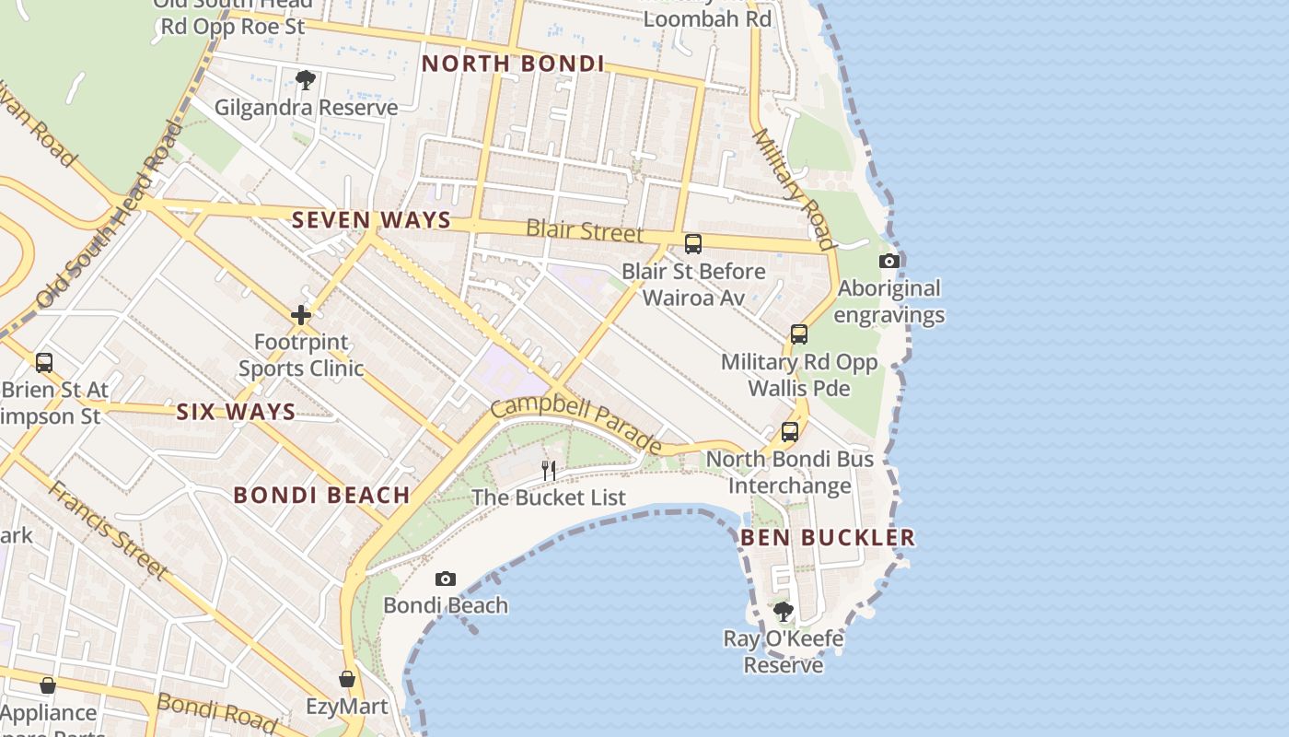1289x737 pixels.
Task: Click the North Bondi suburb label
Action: [513, 64]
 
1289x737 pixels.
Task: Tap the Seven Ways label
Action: [371, 220]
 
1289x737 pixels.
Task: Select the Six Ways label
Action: [236, 412]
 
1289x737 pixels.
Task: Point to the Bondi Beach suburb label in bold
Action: [321, 495]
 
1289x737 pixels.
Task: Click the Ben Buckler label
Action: [828, 537]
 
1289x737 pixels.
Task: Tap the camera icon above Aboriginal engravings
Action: [888, 261]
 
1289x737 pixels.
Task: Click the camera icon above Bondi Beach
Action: [446, 579]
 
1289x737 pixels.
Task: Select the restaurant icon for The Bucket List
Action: [549, 470]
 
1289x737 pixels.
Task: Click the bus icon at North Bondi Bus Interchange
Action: [790, 431]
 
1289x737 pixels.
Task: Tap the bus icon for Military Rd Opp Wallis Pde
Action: [799, 333]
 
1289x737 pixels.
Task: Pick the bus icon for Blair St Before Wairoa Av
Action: [693, 244]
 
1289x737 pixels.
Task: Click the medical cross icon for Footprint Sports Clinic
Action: [301, 316]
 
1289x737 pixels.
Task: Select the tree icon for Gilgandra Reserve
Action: [306, 80]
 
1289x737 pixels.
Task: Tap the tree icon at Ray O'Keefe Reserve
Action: [784, 612]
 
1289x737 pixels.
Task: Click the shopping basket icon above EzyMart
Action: [347, 679]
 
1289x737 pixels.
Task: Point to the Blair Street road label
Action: [585, 229]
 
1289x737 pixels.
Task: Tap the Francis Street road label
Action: [108, 530]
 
